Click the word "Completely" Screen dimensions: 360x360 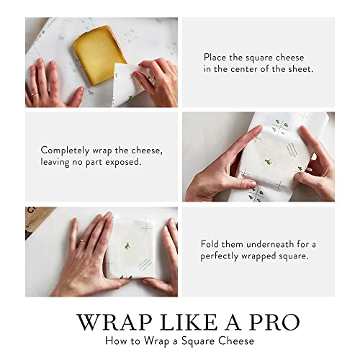tap(65, 149)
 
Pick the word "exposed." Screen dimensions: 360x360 tap(131, 162)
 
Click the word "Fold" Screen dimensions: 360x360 tap(210, 244)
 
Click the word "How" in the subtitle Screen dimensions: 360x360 tap(114, 340)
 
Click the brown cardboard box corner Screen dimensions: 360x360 tap(36, 217)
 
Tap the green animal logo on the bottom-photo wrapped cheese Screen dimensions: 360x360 tap(128, 246)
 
